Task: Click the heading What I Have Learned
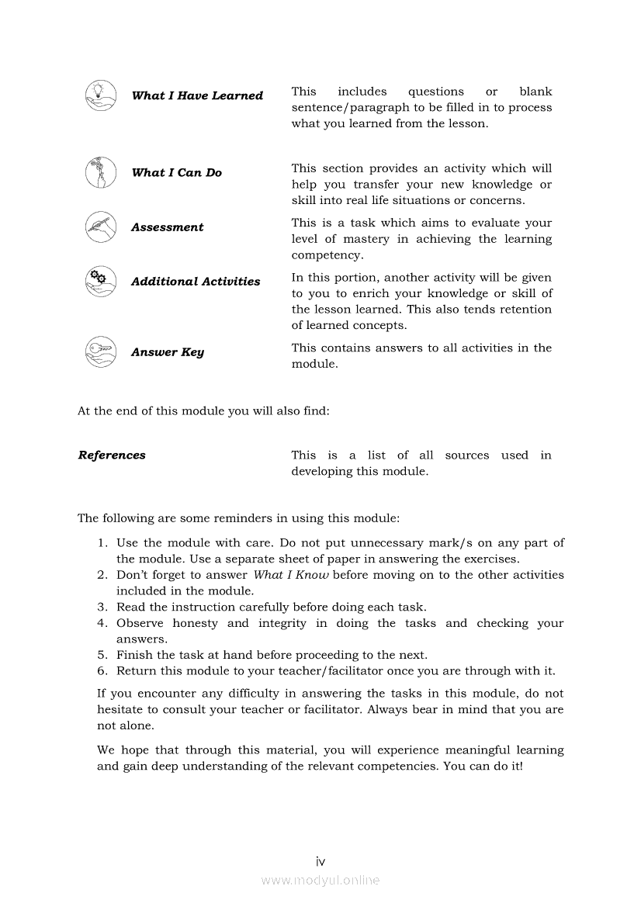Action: [x=197, y=95]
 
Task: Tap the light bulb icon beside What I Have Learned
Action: [x=100, y=95]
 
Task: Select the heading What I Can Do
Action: [x=176, y=172]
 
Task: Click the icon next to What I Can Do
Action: [x=100, y=172]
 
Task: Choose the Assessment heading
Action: [x=167, y=227]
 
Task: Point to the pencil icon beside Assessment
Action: [x=100, y=227]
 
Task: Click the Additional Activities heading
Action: [x=196, y=282]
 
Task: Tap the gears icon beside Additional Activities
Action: [x=100, y=281]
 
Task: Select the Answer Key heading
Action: [x=168, y=352]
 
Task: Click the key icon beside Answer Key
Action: [x=100, y=351]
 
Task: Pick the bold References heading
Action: [x=112, y=455]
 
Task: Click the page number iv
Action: [x=320, y=861]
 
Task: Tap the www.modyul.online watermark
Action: [x=320, y=881]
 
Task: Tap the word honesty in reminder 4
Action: [x=195, y=623]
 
